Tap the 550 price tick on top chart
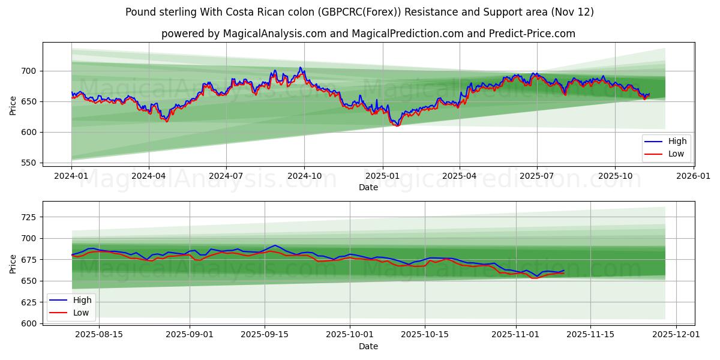(x=29, y=163)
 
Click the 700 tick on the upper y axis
(x=29, y=71)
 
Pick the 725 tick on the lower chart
(x=29, y=217)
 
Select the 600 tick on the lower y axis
(x=29, y=323)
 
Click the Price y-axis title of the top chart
(x=13, y=106)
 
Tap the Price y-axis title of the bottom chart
(x=13, y=264)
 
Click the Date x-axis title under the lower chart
(x=368, y=346)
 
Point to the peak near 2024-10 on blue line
(x=300, y=67)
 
